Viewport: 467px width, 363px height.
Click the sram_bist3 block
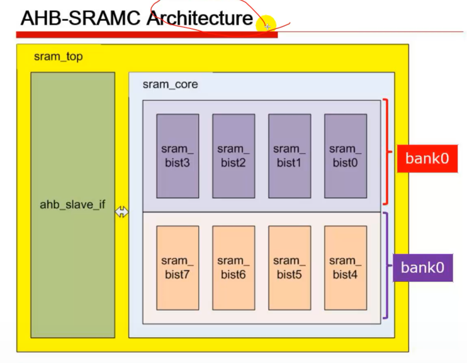pyautogui.click(x=177, y=156)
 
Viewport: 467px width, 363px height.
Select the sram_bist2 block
pyautogui.click(x=233, y=156)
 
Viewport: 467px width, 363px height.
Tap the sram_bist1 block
pyautogui.click(x=290, y=156)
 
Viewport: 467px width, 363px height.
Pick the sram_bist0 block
pyautogui.click(x=346, y=156)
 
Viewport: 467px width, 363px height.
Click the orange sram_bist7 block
pyautogui.click(x=177, y=267)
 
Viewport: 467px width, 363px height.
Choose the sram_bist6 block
pyautogui.click(x=233, y=267)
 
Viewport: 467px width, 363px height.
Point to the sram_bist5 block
pyautogui.click(x=290, y=267)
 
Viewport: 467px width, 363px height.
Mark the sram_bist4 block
pyautogui.click(x=346, y=267)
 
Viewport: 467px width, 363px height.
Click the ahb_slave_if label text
pyautogui.click(x=72, y=205)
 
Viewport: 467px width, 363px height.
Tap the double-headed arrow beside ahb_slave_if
pyautogui.click(x=121, y=213)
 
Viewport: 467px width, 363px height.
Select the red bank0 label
pyautogui.click(x=427, y=158)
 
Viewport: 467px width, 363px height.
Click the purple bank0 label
pyautogui.click(x=422, y=267)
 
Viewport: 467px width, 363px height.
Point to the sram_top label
pyautogui.click(x=58, y=57)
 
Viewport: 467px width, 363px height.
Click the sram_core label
pyautogui.click(x=170, y=84)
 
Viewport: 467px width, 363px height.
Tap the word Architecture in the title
pyautogui.click(x=200, y=18)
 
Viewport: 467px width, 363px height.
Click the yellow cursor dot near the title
pyautogui.click(x=266, y=25)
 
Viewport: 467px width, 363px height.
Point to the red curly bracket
pyautogui.click(x=386, y=152)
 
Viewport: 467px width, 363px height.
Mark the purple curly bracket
pyautogui.click(x=386, y=265)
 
